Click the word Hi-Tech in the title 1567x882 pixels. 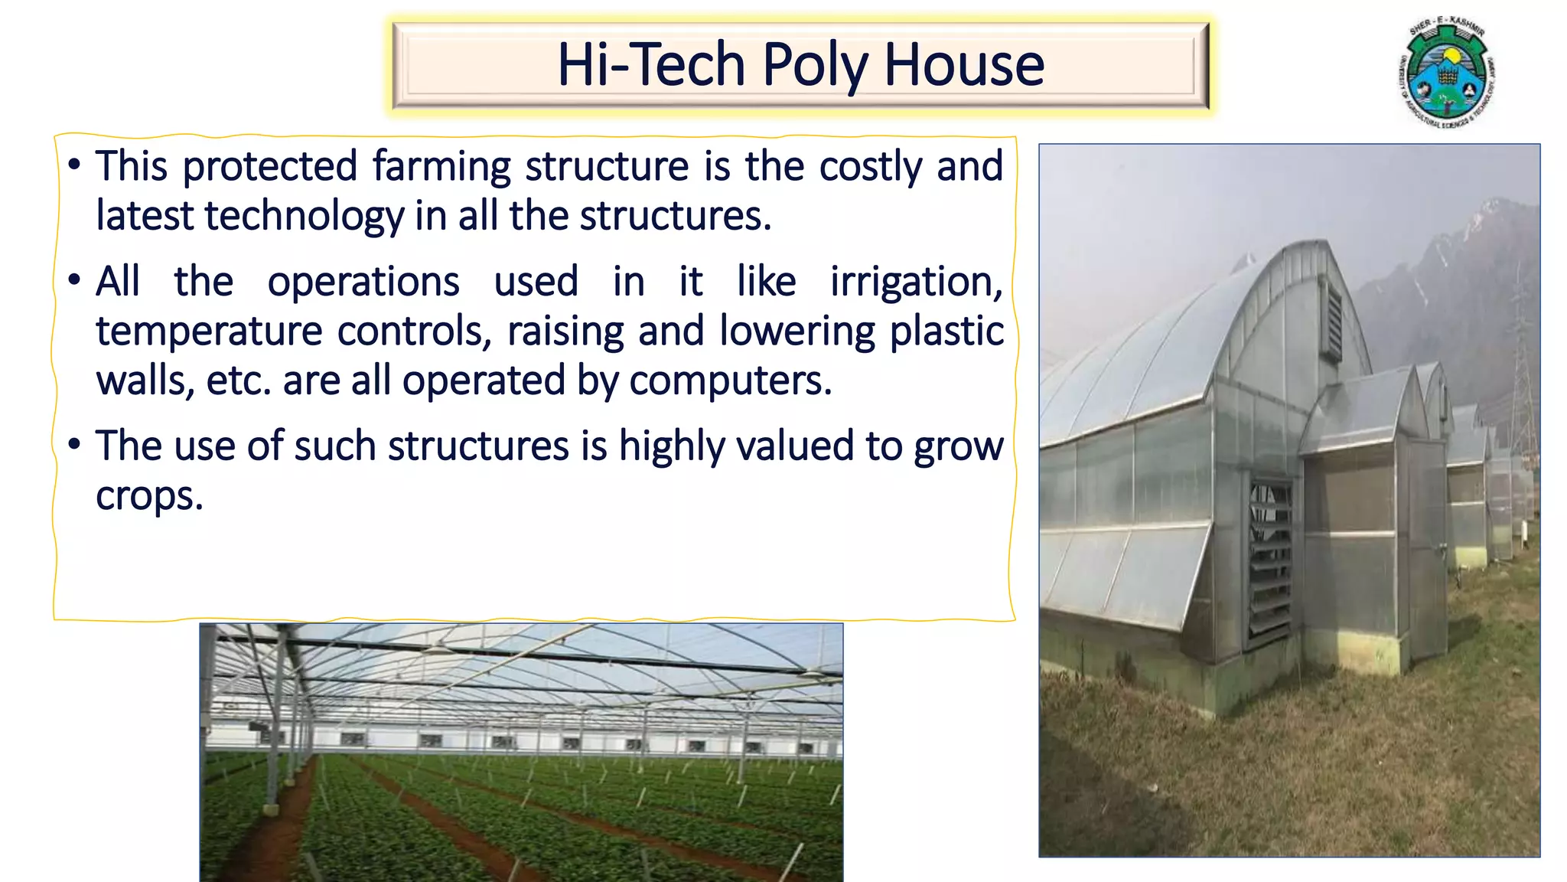click(x=650, y=64)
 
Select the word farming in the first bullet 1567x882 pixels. click(x=441, y=167)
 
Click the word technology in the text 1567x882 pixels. click(x=304, y=216)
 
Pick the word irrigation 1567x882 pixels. click(x=916, y=283)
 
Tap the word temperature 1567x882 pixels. click(x=209, y=332)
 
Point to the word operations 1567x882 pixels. click(x=363, y=282)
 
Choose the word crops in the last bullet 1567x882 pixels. click(x=149, y=496)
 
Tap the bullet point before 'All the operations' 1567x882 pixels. click(x=73, y=280)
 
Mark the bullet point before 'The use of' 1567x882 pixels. click(x=73, y=445)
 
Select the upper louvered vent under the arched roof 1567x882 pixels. click(x=1333, y=322)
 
